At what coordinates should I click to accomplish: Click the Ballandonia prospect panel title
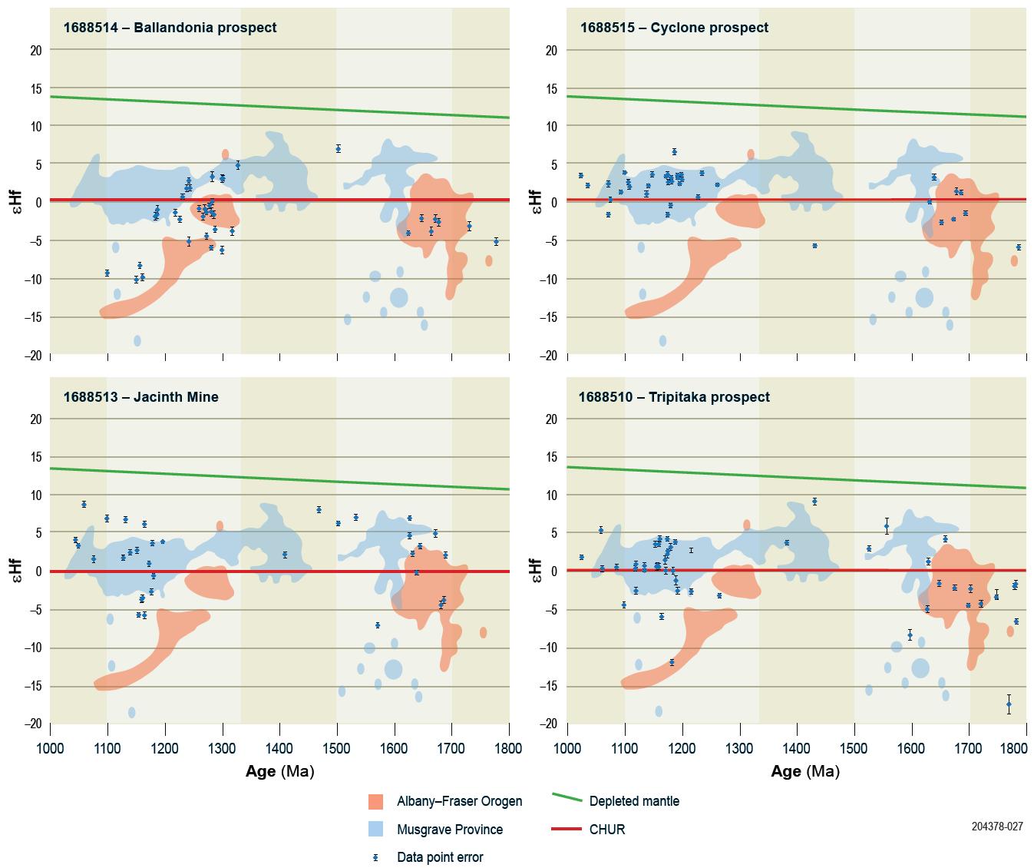pyautogui.click(x=170, y=28)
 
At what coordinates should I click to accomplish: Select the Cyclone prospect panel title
pyautogui.click(x=674, y=28)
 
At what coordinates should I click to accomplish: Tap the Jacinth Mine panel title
pyautogui.click(x=140, y=397)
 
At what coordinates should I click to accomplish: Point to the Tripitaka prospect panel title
pyautogui.click(x=674, y=397)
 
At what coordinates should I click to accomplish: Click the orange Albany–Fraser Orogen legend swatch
pyautogui.click(x=375, y=802)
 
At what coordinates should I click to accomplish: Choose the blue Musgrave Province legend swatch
pyautogui.click(x=375, y=830)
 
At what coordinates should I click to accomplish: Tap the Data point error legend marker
pyautogui.click(x=375, y=857)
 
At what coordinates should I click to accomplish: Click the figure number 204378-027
pyautogui.click(x=996, y=827)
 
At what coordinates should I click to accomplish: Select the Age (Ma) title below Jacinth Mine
pyautogui.click(x=279, y=772)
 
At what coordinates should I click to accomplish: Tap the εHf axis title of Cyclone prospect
pyautogui.click(x=536, y=202)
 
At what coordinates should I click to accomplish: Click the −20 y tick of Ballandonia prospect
pyautogui.click(x=33, y=356)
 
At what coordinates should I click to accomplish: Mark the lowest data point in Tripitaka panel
pyautogui.click(x=1009, y=704)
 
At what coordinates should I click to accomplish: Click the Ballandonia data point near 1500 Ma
pyautogui.click(x=338, y=149)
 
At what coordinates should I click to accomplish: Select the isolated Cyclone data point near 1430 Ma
pyautogui.click(x=814, y=246)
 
